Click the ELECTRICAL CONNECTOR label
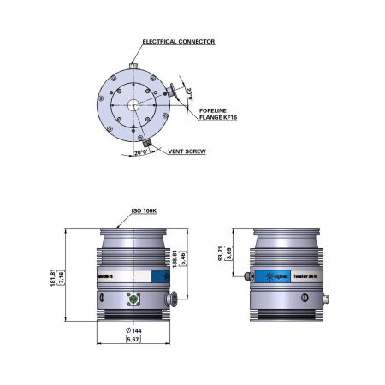pos(178,41)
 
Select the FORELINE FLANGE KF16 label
pos(222,114)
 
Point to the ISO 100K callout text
pos(148,210)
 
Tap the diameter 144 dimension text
pos(133,330)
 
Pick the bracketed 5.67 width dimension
pos(133,341)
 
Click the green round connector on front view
pos(133,299)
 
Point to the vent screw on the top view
pos(147,139)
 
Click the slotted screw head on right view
pos(302,299)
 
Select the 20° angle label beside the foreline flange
pos(190,91)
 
